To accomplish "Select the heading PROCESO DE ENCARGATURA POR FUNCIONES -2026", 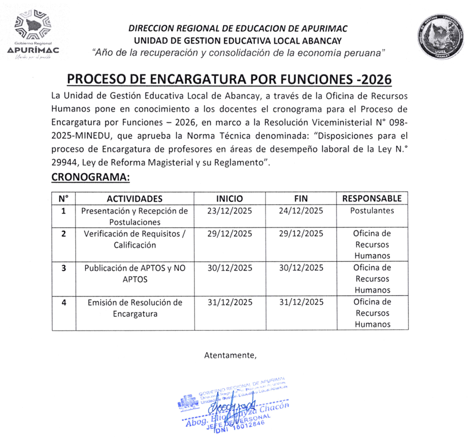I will click(x=229, y=80).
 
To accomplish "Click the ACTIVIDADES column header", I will click(x=134, y=199).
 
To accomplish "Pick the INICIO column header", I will click(x=229, y=199).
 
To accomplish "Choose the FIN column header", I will click(x=301, y=199).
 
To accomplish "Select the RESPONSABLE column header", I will click(x=372, y=199).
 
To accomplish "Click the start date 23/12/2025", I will click(x=229, y=211).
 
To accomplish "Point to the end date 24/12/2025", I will click(x=301, y=211).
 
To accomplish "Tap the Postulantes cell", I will click(x=372, y=211).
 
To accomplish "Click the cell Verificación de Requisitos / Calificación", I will click(x=134, y=239).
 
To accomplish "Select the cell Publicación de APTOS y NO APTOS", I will click(x=134, y=274).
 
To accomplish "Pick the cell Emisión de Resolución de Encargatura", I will click(x=134, y=308).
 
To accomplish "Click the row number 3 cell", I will click(x=64, y=268).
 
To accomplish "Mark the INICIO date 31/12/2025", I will click(x=229, y=302).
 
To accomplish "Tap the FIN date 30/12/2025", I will click(x=301, y=268).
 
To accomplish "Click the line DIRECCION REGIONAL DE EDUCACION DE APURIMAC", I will click(x=238, y=29).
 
